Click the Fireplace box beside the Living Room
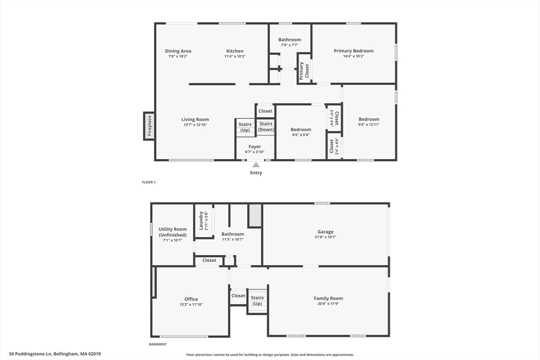(149, 126)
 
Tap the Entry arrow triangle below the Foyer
(256, 165)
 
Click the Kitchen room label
(235, 51)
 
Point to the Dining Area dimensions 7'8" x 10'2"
(178, 56)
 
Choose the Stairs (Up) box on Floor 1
(245, 127)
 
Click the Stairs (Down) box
(266, 127)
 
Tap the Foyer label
(255, 147)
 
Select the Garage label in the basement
(325, 232)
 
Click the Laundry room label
(201, 221)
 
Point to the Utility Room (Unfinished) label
(172, 232)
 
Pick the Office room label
(191, 299)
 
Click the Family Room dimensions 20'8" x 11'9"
(329, 304)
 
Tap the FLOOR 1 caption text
(149, 182)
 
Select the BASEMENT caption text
(158, 344)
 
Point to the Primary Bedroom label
(353, 51)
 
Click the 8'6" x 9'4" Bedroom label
(301, 130)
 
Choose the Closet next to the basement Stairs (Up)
(238, 296)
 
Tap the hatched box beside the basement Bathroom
(255, 216)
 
